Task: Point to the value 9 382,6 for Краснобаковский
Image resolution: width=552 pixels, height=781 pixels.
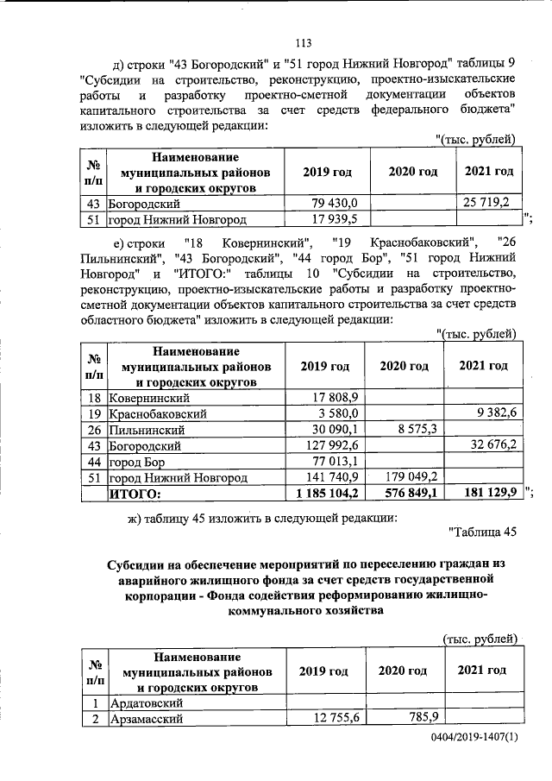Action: tap(490, 413)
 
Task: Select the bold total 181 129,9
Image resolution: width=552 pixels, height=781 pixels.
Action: tap(487, 493)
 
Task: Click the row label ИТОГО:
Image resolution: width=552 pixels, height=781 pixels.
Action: tap(135, 494)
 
